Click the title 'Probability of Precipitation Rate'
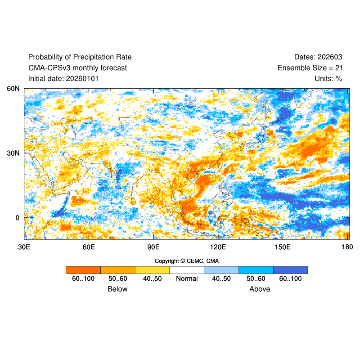point(80,57)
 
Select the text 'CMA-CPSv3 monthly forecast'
point(77,68)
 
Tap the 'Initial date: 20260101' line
point(63,79)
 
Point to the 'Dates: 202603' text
point(318,57)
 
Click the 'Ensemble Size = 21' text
point(310,68)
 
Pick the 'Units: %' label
point(328,79)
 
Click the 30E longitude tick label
point(24,247)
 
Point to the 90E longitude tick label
point(153,247)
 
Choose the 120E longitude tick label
point(218,247)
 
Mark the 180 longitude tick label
point(347,247)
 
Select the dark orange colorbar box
point(83,270)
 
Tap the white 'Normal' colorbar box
point(187,270)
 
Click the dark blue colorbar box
point(290,270)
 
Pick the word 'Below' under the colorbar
point(117,289)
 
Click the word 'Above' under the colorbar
point(260,289)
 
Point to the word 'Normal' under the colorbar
point(187,279)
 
